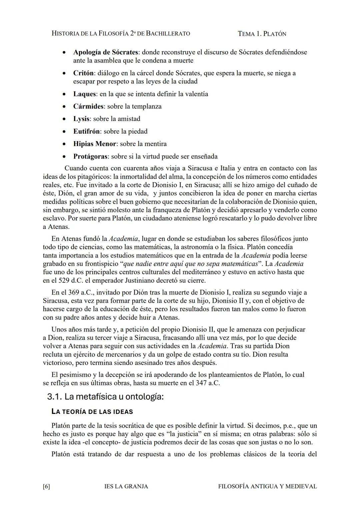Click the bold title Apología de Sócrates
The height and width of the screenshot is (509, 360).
105,52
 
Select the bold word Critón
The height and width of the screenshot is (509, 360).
83,73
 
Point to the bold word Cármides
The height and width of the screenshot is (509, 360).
88,106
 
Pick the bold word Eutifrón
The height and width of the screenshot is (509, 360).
86,131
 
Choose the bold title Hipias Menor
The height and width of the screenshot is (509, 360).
94,144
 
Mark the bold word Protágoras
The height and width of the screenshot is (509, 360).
90,156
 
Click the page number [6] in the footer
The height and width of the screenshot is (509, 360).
46,486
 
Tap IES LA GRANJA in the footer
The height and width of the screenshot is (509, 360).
126,486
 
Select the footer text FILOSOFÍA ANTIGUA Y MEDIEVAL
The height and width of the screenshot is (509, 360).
267,486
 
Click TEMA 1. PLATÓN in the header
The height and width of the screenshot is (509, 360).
262,34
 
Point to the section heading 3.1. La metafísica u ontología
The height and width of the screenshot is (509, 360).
105,397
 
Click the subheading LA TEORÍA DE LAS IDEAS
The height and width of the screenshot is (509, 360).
92,412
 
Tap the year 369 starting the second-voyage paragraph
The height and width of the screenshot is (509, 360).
74,293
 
